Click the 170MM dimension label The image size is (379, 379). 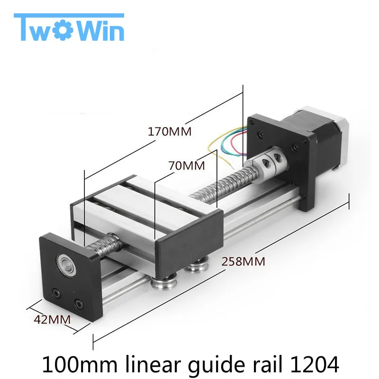click(x=170, y=132)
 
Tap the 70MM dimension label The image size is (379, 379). click(x=186, y=166)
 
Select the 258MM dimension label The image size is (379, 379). click(x=242, y=261)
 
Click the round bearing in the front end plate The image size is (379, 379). click(x=64, y=261)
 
